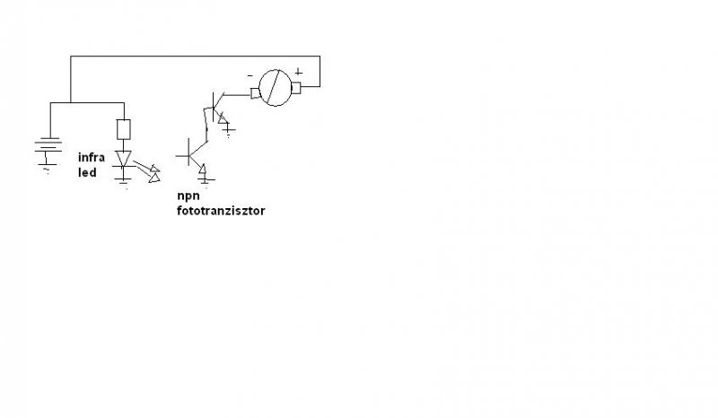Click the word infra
coord(92,157)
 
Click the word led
coord(86,171)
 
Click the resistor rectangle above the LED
coord(125,129)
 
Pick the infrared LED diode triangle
coord(125,159)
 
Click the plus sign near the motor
coord(299,72)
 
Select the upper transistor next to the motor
coord(215,107)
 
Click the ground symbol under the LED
coord(125,179)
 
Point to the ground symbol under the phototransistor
coord(205,179)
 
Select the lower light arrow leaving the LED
coord(154,177)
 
